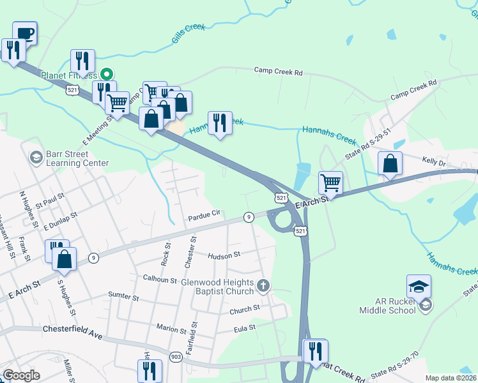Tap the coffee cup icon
[x=25, y=33]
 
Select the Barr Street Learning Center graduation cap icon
[x=35, y=156]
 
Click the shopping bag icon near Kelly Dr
[x=390, y=163]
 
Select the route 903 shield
[x=176, y=356]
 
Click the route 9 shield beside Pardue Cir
[x=249, y=217]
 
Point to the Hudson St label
[x=224, y=254]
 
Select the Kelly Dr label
[x=433, y=163]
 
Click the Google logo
[x=21, y=375]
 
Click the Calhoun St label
[x=159, y=278]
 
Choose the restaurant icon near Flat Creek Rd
[x=315, y=351]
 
